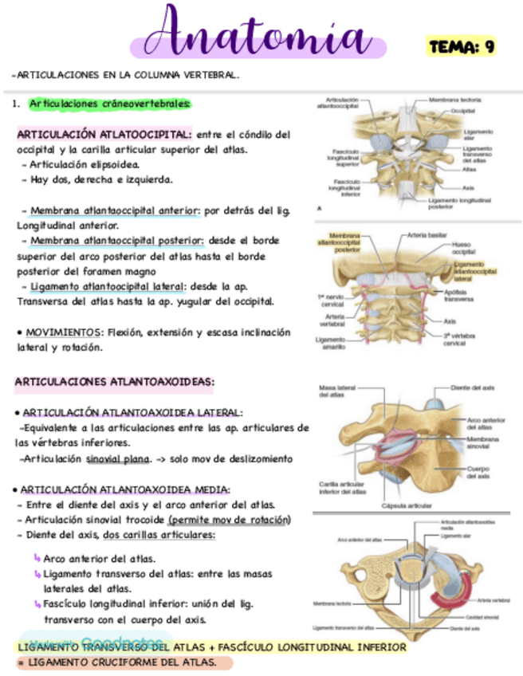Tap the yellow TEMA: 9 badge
click(x=462, y=46)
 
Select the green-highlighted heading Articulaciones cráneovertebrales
click(x=109, y=104)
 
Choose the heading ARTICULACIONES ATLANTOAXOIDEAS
click(x=114, y=382)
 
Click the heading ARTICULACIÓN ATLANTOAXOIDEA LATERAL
click(x=132, y=412)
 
